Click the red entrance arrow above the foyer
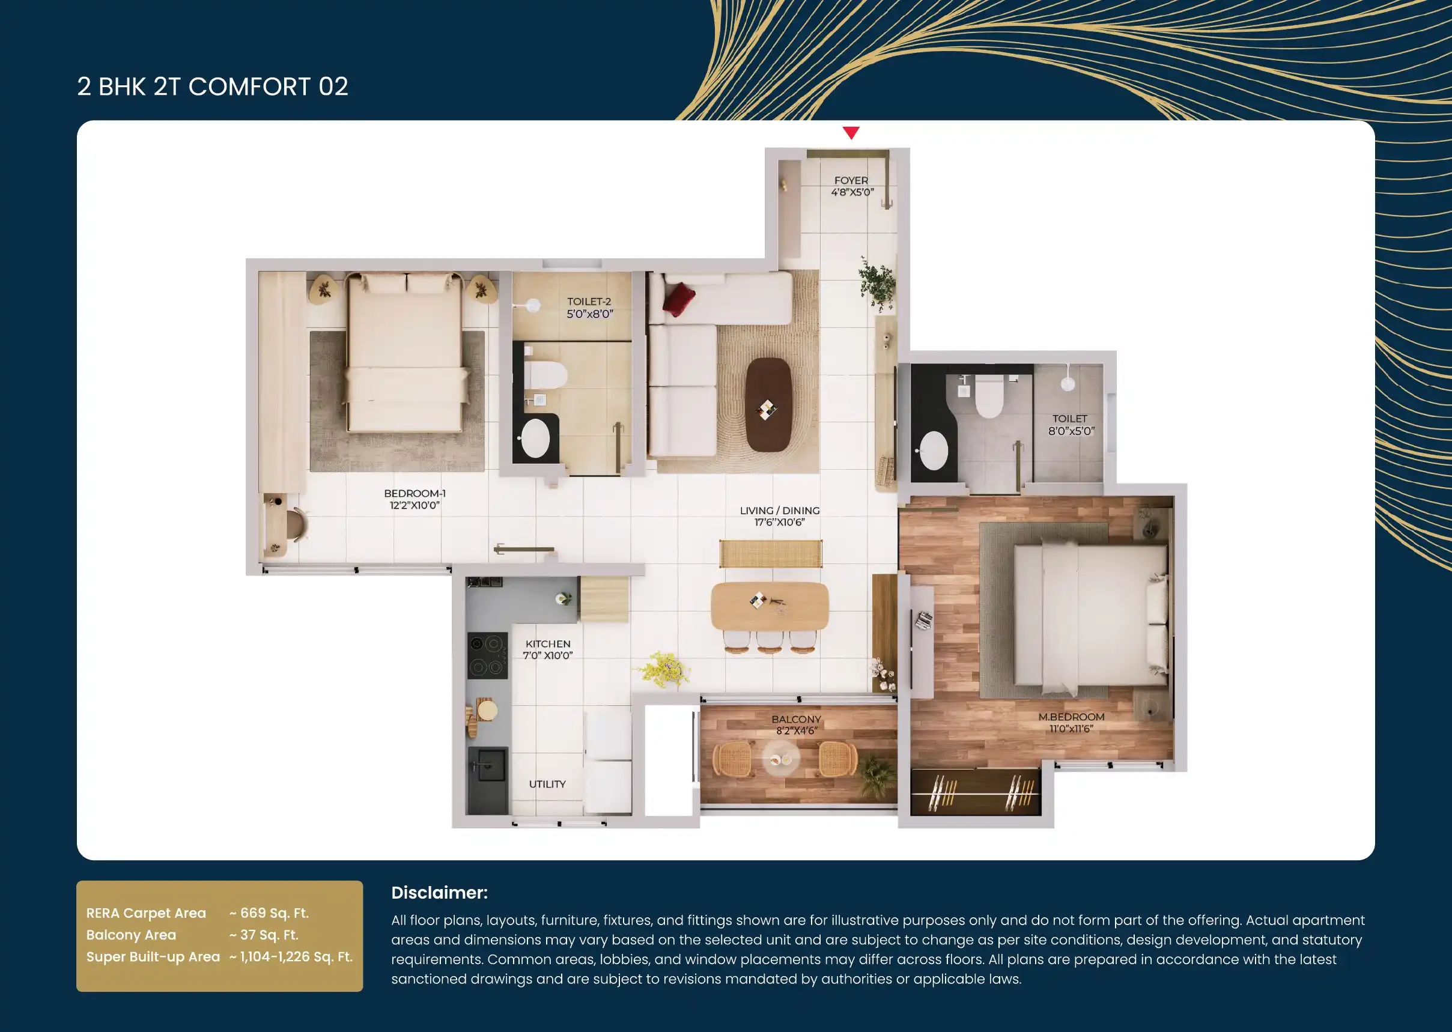851,132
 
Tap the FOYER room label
851,180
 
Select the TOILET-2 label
589,302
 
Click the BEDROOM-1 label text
415,493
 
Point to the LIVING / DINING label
780,510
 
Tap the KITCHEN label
548,644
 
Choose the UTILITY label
547,784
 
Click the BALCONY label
796,720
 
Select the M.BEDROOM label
1071,717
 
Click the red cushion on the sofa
679,299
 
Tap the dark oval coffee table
768,405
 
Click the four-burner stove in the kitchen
487,655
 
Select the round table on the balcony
780,759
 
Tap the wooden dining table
770,606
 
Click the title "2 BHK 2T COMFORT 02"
213,87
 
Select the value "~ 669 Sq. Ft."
269,913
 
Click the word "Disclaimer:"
440,893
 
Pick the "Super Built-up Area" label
153,957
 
